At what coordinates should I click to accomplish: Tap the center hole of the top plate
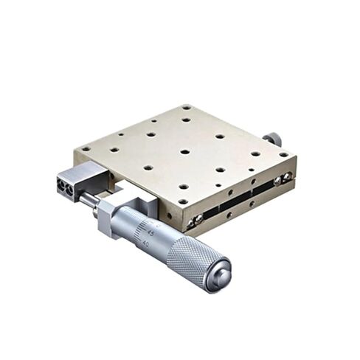(x=184, y=152)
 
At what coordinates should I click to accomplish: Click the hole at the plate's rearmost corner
(x=187, y=107)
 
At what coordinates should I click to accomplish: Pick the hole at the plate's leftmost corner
(x=86, y=149)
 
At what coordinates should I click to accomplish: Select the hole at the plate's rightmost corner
(x=283, y=154)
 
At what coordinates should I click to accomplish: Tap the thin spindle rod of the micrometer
(x=89, y=200)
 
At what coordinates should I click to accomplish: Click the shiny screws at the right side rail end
(x=282, y=179)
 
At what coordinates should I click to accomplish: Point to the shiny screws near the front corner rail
(x=195, y=220)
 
